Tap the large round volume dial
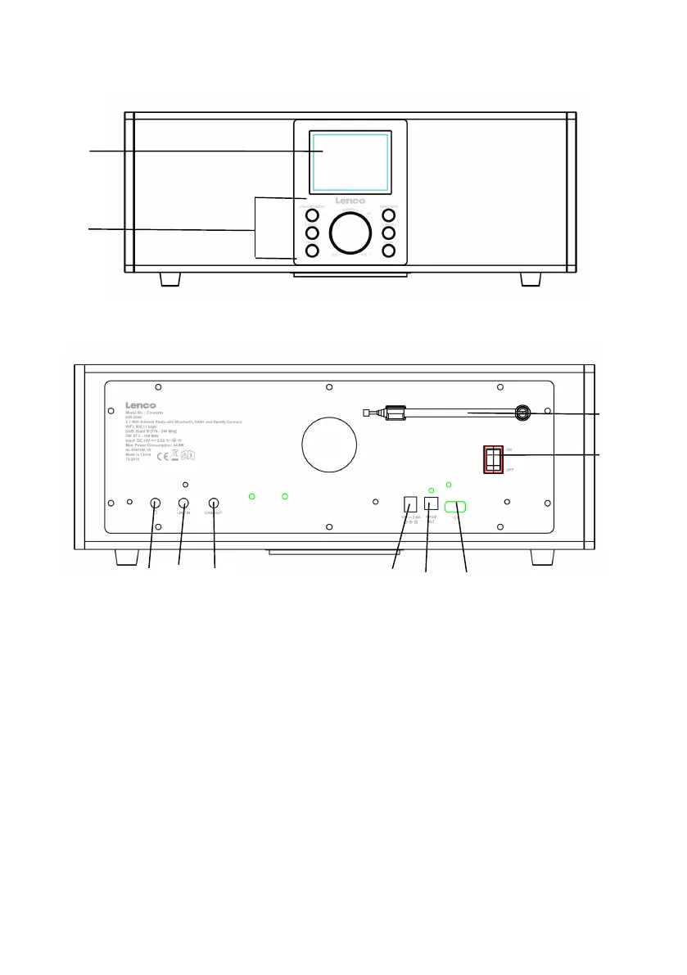point(350,235)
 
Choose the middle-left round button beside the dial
point(312,234)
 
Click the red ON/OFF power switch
point(495,460)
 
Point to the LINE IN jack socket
point(184,504)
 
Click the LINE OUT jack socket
point(215,504)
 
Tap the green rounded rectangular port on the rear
point(455,508)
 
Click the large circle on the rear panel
point(329,446)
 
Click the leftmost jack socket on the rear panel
point(155,504)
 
